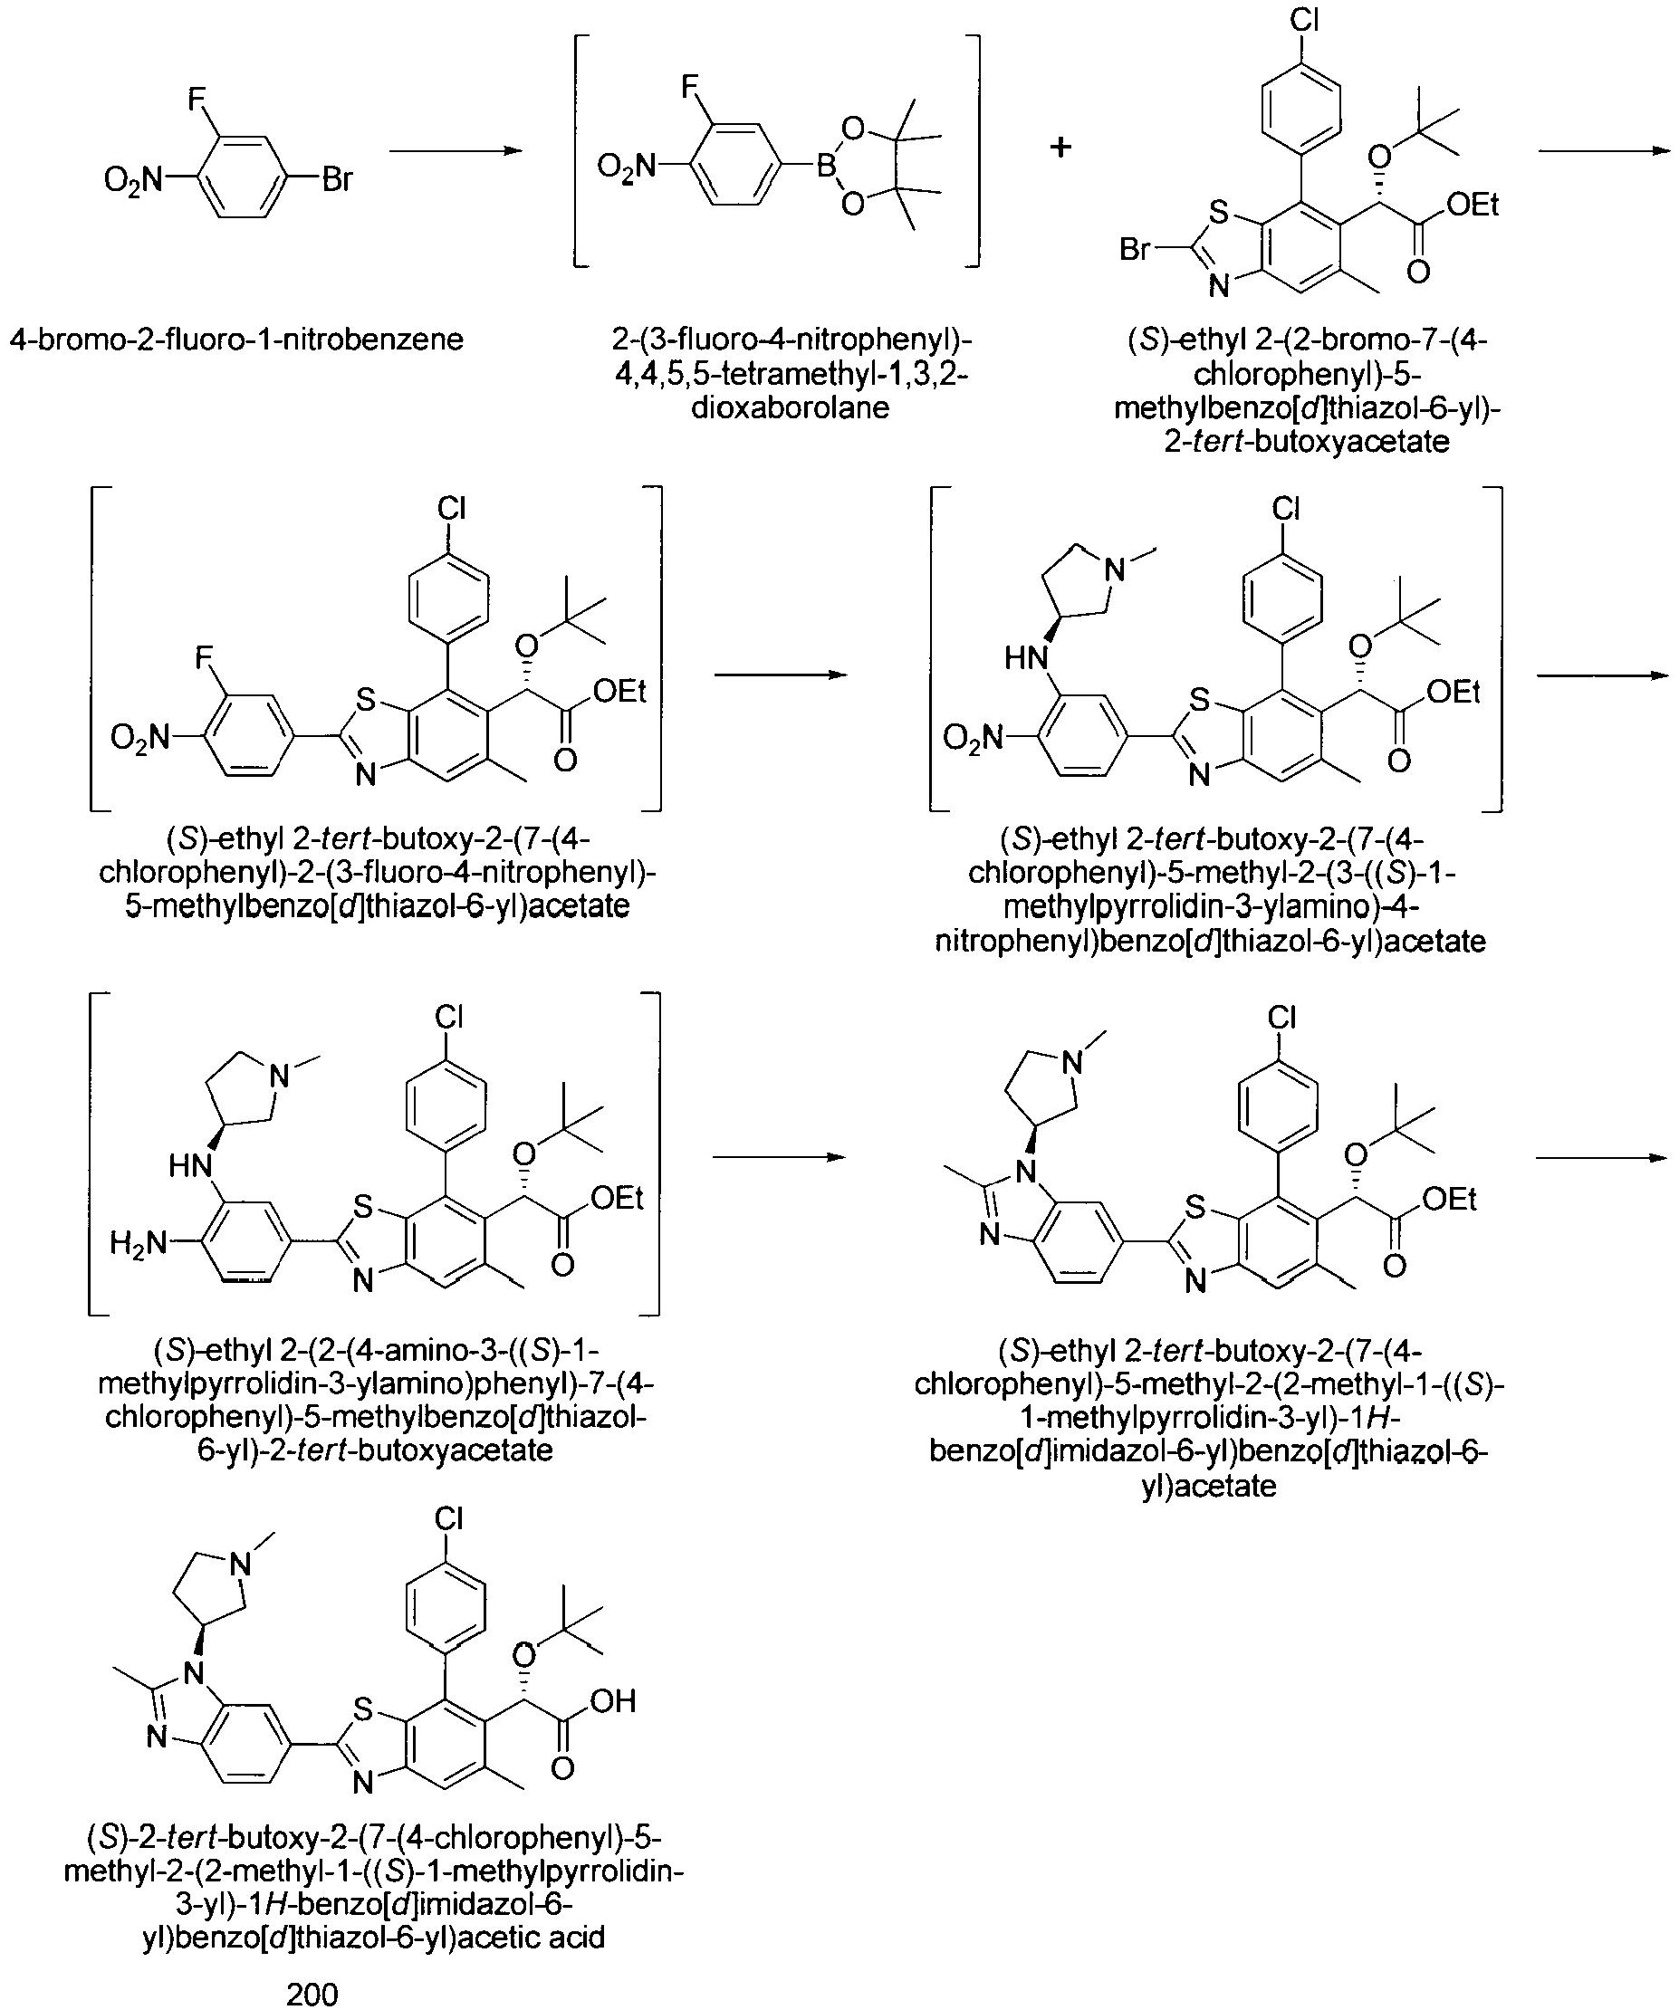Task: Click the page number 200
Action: tap(312, 1993)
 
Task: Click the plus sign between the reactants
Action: tap(1060, 148)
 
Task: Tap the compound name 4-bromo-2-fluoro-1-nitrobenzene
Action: tap(236, 339)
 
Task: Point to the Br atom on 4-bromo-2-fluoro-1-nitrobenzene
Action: tap(336, 179)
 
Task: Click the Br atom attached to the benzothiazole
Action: tap(1136, 249)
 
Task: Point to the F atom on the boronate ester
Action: tap(689, 88)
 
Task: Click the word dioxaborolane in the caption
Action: tap(791, 407)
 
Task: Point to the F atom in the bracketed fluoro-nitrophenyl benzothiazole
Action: tap(203, 658)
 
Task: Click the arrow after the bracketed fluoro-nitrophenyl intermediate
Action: tap(782, 675)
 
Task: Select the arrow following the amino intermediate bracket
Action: tap(779, 1157)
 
